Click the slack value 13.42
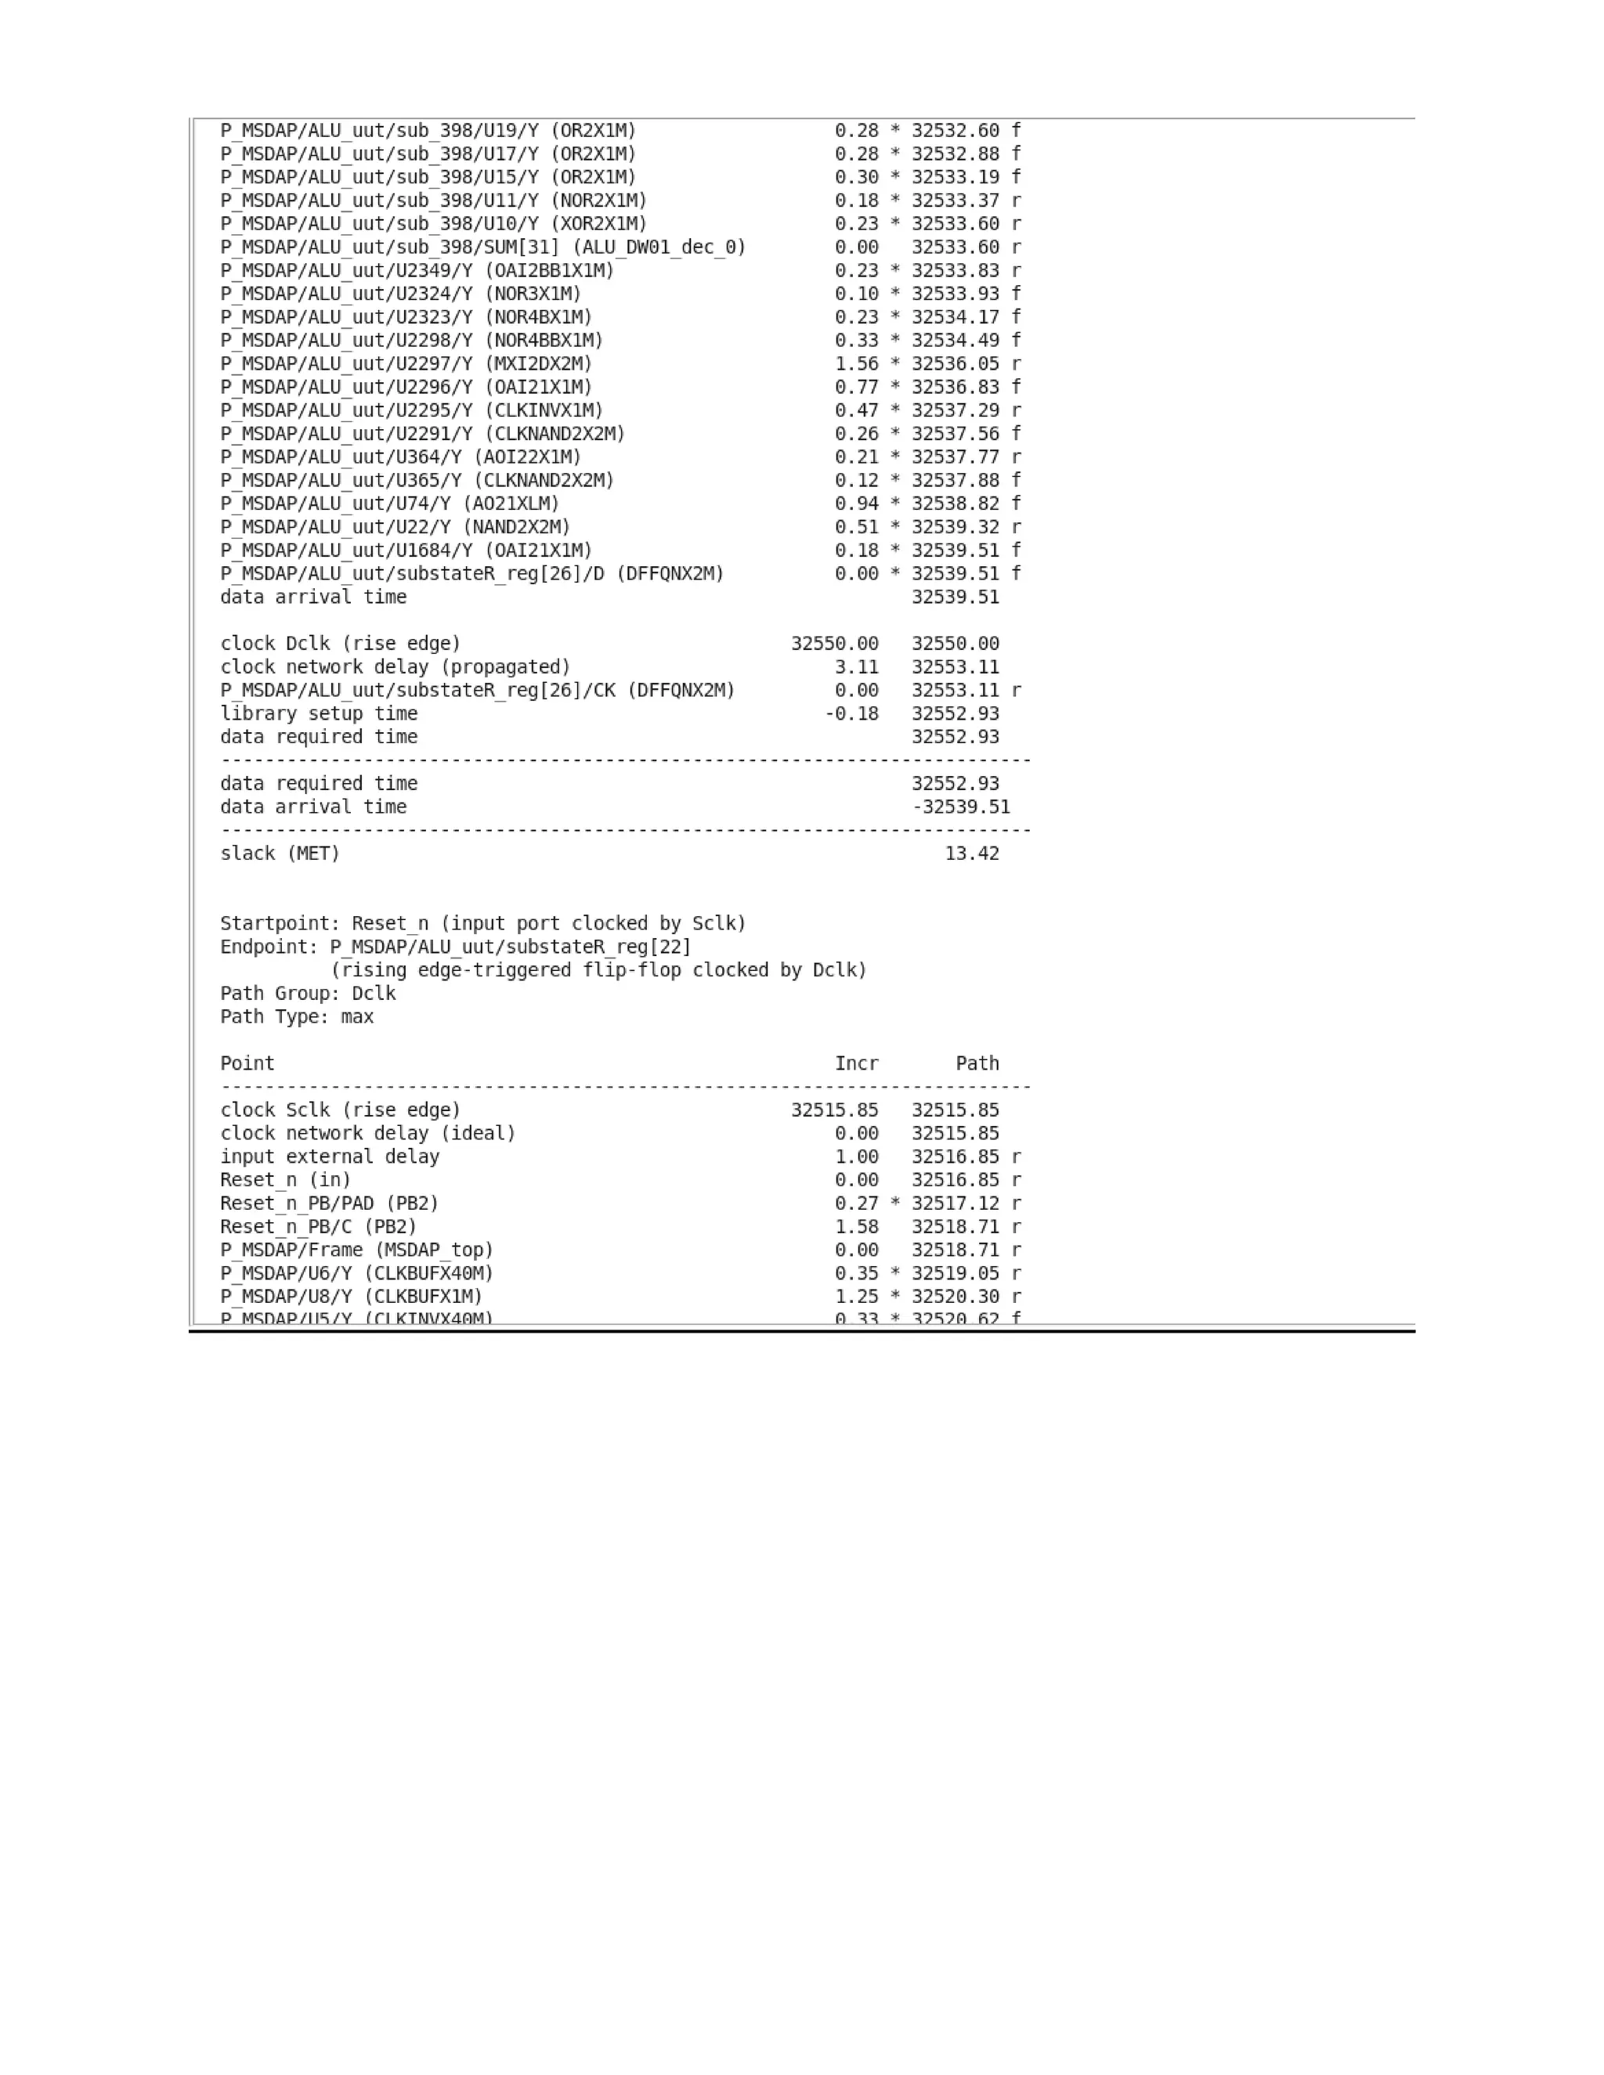971,853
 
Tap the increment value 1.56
856,364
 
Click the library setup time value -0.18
851,713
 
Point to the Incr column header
856,1063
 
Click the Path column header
977,1063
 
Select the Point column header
247,1063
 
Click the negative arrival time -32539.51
961,807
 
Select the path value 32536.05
955,364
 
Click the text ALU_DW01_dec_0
659,247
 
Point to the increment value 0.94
856,503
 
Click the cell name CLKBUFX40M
428,1273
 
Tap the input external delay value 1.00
856,1157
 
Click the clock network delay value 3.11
856,667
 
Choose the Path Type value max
357,1016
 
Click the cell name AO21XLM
511,503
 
